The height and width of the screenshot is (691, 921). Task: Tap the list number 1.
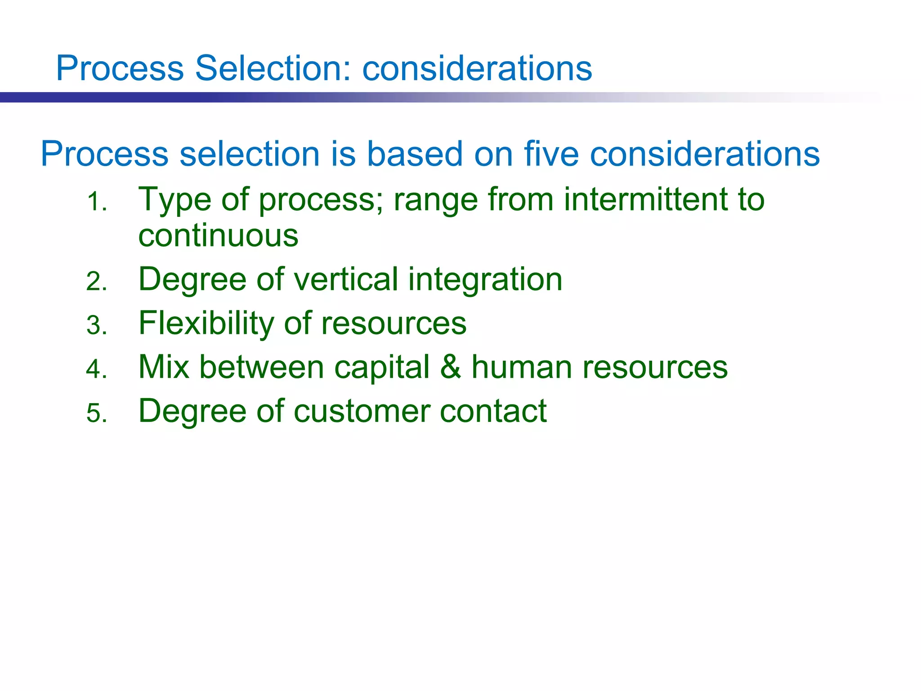(96, 202)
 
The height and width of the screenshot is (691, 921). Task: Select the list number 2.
(96, 282)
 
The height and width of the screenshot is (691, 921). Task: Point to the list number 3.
(96, 325)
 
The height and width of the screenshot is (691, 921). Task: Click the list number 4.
(96, 369)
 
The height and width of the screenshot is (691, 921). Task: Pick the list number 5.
(96, 413)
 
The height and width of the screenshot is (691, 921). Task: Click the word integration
(485, 280)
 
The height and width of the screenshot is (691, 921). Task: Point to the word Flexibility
(206, 323)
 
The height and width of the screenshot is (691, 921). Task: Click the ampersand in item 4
(451, 367)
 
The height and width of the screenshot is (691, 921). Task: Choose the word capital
(382, 368)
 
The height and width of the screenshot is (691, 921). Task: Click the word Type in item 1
(175, 200)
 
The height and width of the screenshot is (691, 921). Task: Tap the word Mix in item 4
(164, 367)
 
